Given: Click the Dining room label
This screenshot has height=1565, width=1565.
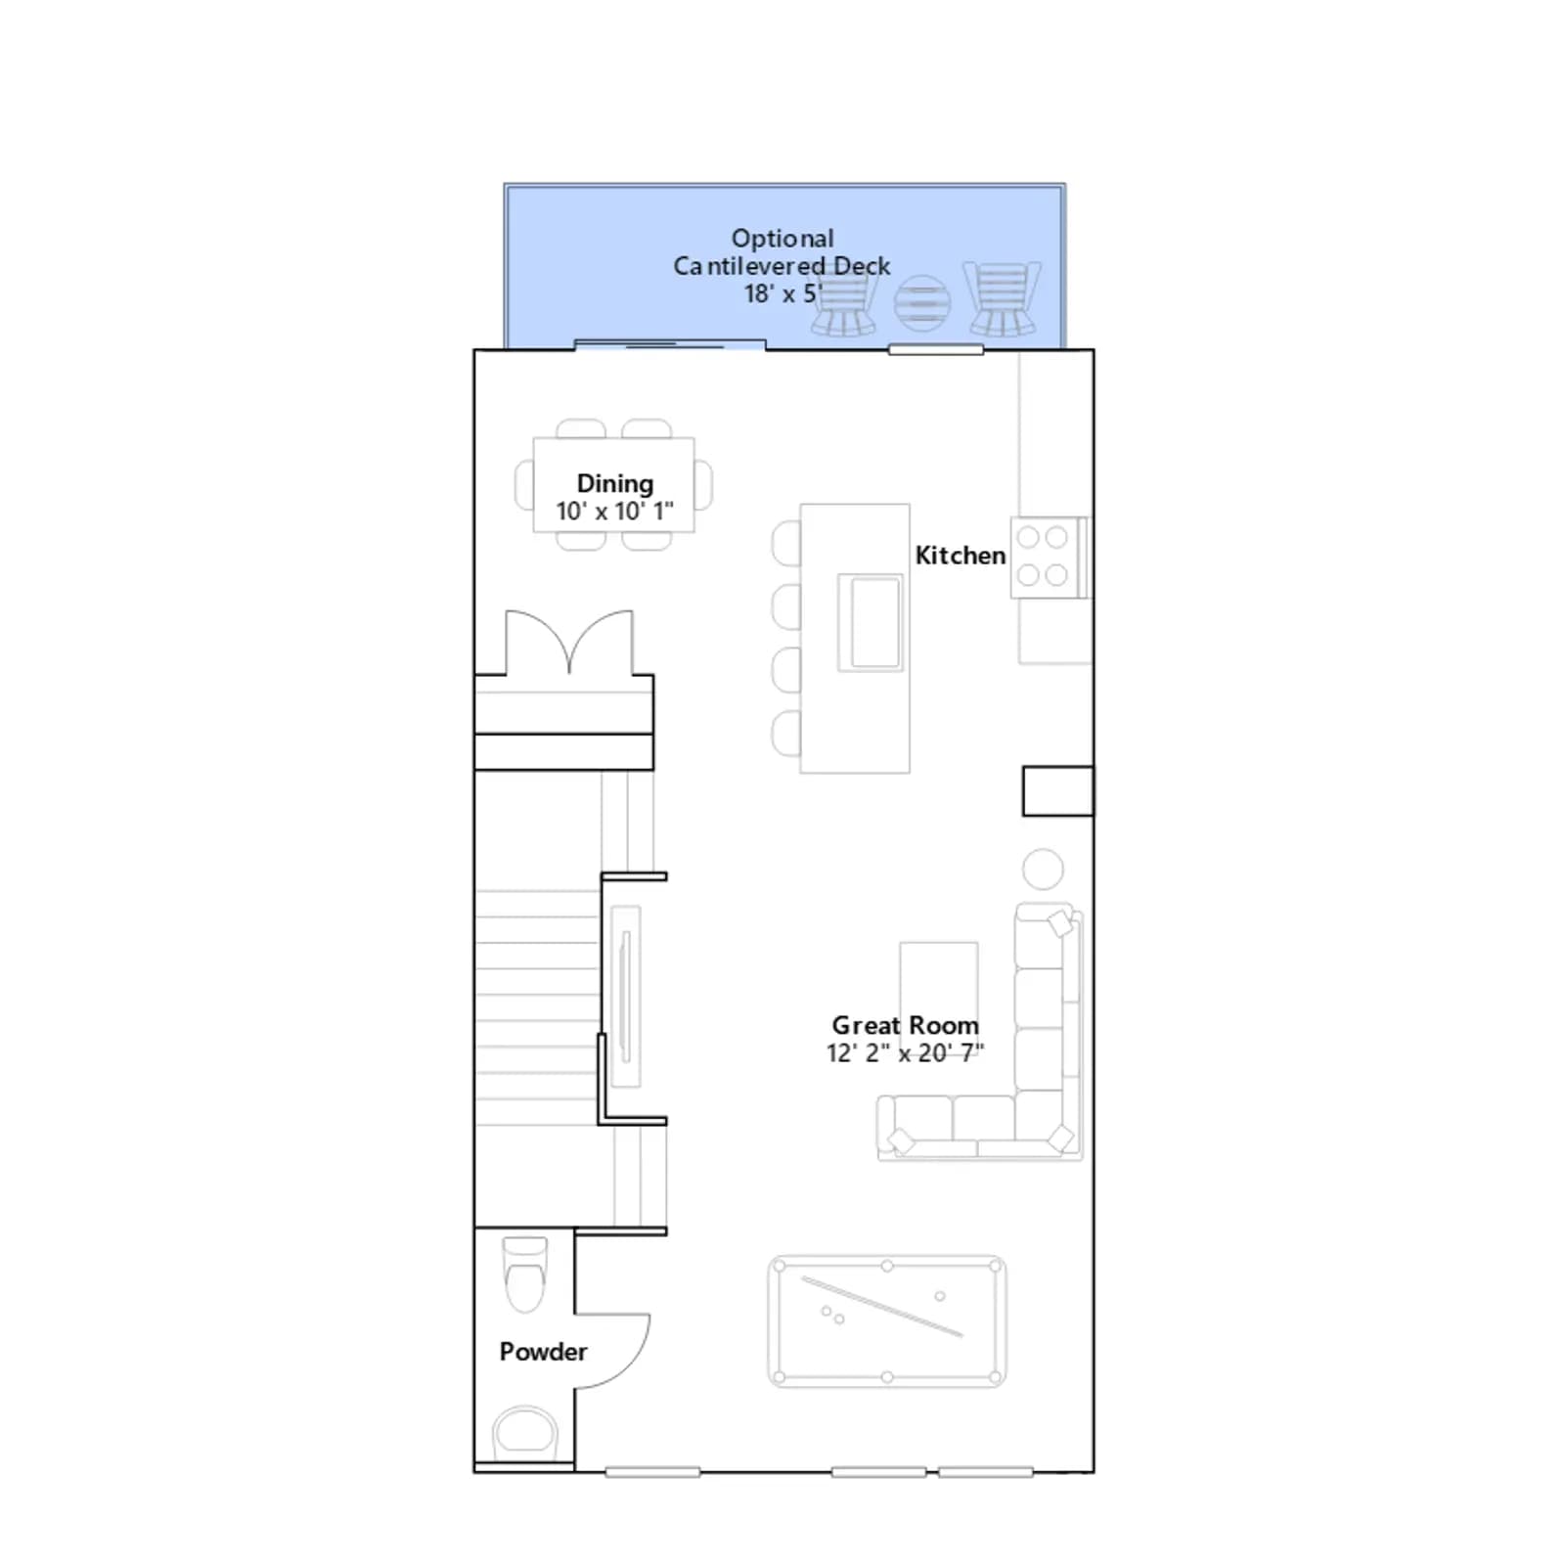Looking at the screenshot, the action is click(614, 483).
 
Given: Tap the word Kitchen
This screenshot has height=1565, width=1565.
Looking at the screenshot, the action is click(960, 555).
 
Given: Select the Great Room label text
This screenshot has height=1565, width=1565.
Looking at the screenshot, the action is click(905, 1025).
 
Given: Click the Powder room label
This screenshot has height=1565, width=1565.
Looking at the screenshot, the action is click(543, 1351).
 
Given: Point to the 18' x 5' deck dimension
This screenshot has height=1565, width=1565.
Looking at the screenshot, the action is click(782, 293).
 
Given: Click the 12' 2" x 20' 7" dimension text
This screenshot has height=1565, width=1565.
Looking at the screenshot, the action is click(905, 1052).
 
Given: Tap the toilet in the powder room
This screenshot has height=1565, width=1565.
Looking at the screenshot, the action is click(524, 1274).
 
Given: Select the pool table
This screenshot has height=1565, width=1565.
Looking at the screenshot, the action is click(887, 1321).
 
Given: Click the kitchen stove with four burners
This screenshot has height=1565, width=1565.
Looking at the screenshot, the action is click(1049, 557).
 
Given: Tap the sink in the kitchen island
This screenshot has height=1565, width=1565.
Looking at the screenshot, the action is click(870, 622).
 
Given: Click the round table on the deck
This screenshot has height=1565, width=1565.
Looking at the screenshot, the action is click(922, 303).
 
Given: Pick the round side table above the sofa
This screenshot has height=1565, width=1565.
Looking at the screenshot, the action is click(1043, 869).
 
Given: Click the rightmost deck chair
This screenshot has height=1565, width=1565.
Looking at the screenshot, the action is click(1002, 298).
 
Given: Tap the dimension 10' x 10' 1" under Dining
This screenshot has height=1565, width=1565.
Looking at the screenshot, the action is click(614, 511).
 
